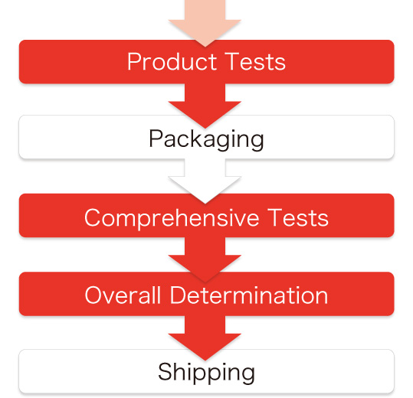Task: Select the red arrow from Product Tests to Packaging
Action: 205,105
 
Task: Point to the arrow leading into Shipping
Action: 205,338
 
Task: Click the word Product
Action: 172,61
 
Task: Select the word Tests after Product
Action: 255,61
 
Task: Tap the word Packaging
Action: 206,139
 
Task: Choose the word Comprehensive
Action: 172,218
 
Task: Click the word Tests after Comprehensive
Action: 298,217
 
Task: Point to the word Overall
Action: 123,295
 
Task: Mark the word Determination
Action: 249,295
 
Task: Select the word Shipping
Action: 206,373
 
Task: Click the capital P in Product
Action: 134,61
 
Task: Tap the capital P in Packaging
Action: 156,138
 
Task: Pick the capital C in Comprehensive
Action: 92,217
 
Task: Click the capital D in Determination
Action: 179,295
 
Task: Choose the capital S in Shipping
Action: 165,371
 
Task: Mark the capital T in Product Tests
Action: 231,61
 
